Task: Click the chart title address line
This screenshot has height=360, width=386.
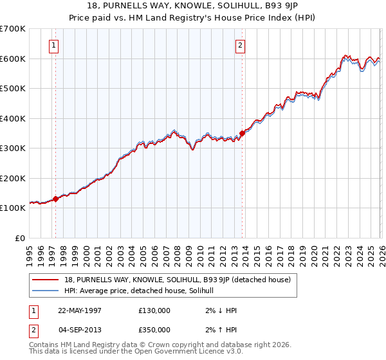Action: [192, 6]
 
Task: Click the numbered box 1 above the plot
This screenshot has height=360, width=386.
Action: [53, 46]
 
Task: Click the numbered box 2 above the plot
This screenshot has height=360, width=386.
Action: [239, 46]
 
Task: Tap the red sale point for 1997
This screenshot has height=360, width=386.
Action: [55, 199]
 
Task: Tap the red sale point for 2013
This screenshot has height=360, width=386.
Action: [243, 133]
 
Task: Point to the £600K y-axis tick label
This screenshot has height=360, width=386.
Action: [12, 59]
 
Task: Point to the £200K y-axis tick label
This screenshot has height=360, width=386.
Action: [12, 178]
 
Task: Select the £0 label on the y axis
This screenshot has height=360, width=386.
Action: [19, 238]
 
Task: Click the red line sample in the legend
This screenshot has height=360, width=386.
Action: [45, 280]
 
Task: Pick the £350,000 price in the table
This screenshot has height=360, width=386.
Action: [154, 328]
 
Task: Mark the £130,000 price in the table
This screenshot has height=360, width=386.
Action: [154, 310]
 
